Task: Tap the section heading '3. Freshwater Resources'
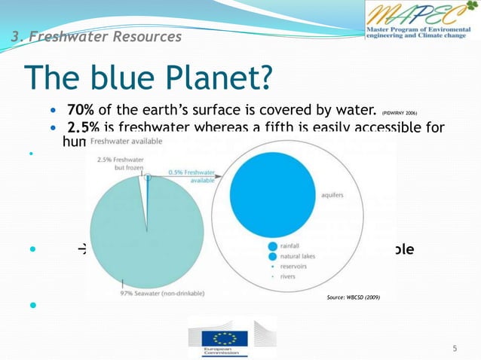[96, 36]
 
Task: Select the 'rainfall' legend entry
[290, 245]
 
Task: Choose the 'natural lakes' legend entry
[296, 255]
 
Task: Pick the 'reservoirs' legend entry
[294, 266]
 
